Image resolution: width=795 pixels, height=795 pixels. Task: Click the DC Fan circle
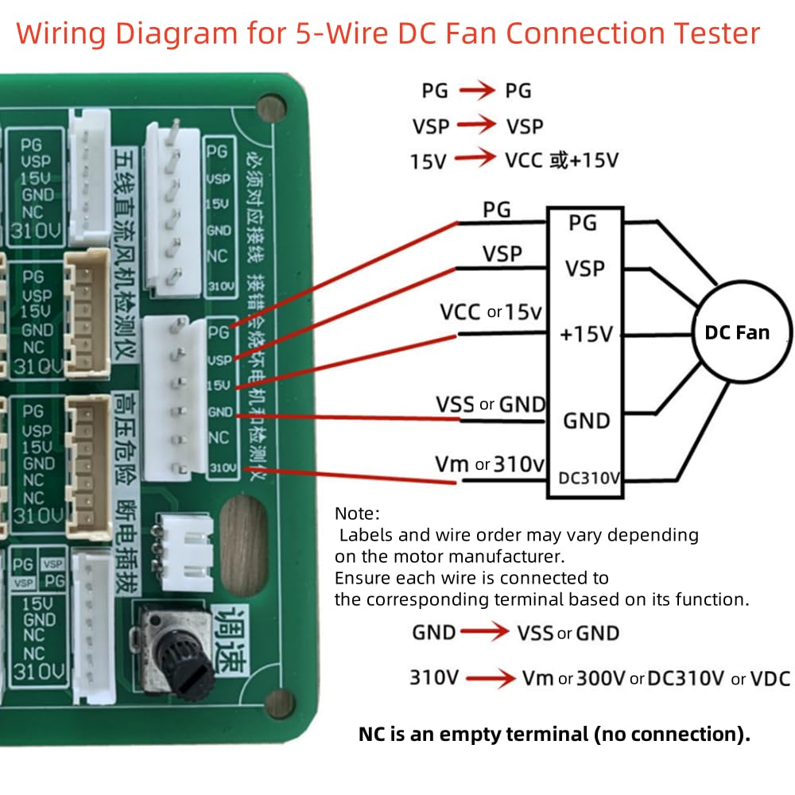coord(737,333)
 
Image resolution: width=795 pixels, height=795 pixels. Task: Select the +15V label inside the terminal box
coord(586,335)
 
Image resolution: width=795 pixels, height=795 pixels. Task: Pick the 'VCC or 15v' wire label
coord(491,312)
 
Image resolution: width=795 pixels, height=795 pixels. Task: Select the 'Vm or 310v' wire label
coord(489,463)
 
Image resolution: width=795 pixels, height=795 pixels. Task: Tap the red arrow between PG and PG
coord(476,91)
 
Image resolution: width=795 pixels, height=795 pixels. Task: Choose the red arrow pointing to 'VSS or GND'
coord(486,633)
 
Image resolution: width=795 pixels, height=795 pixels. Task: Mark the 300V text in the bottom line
coord(601,679)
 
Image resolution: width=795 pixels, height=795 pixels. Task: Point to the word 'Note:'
coord(358,513)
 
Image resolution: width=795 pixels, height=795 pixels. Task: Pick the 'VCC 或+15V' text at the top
coord(561,160)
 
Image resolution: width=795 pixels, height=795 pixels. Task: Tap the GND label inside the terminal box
coord(586,421)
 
